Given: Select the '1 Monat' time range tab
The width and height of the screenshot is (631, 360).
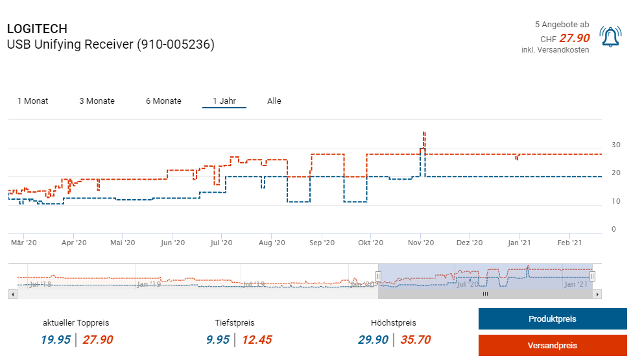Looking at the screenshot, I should coord(32,101).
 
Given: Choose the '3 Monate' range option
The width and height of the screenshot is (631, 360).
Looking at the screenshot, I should coord(97,101).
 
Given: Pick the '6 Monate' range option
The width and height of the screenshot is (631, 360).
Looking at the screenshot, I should coord(163,101).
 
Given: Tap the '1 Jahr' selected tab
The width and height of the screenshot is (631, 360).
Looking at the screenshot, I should coord(224,101).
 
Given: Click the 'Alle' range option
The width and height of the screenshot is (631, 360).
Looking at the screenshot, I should coord(274,101).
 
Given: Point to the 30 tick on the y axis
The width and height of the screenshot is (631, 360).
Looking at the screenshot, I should coord(616,145).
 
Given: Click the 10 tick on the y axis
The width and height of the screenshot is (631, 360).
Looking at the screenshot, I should coord(616,202).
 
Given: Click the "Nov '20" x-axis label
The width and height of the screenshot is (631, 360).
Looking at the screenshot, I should coord(421,243).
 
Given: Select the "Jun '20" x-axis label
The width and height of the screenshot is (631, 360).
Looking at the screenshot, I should coord(173,243).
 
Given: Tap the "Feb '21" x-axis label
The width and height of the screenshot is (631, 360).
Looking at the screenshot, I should coord(569,243).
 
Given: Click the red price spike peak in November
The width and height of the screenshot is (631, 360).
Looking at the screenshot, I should coord(423,132).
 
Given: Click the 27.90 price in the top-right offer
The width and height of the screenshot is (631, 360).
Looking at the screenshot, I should coord(575,39).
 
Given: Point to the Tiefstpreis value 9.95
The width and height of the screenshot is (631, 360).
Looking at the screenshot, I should coord(218,340).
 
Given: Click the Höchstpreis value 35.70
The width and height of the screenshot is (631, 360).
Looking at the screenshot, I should coord(415,340).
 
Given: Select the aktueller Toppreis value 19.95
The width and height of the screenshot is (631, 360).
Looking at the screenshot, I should coord(56,340).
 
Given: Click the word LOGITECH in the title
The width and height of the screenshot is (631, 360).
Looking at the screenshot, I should coord(37,29).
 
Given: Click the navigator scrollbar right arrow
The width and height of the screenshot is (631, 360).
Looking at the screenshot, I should coord(598,294).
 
